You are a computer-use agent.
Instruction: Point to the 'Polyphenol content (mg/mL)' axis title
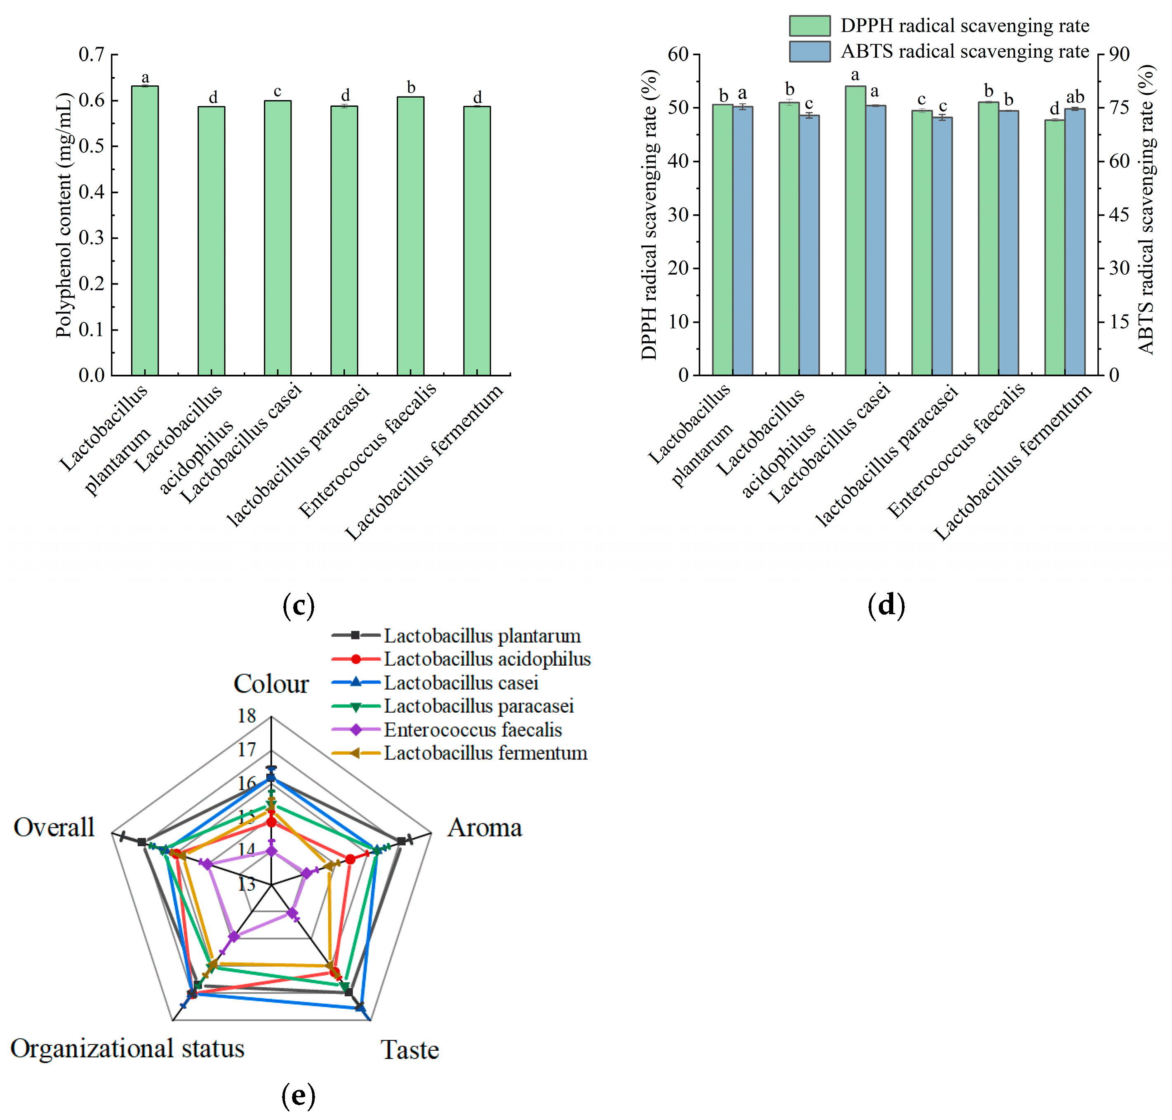64,215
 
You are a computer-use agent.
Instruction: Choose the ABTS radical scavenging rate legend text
964,52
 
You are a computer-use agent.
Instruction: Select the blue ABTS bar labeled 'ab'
1075,242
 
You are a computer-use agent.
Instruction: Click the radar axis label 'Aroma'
485,828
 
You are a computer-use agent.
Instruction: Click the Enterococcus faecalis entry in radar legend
472,730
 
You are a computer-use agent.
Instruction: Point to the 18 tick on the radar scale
247,716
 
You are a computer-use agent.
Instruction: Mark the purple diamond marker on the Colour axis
272,851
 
